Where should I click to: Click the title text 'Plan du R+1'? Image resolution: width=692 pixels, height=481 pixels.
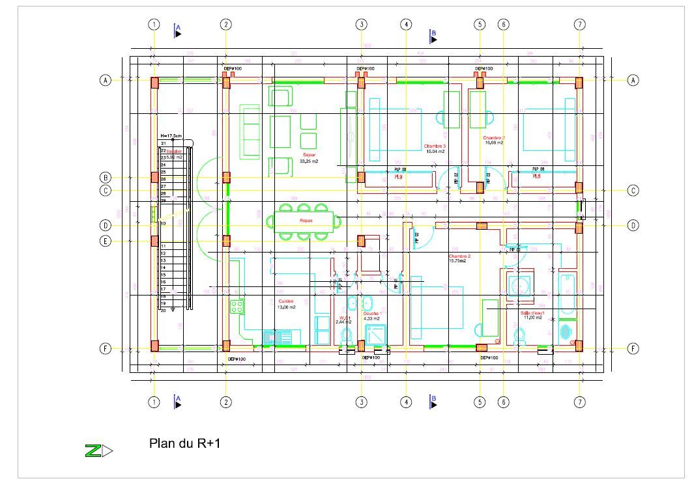pyautogui.click(x=185, y=445)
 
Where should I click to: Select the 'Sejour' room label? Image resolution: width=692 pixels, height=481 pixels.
pyautogui.click(x=309, y=155)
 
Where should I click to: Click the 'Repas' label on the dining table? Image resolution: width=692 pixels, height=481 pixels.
pyautogui.click(x=306, y=221)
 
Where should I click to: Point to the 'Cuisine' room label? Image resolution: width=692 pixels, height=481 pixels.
pyautogui.click(x=285, y=301)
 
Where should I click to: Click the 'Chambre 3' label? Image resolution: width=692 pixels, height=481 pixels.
pyautogui.click(x=435, y=146)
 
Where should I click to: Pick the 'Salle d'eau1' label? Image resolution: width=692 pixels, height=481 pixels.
pyautogui.click(x=532, y=312)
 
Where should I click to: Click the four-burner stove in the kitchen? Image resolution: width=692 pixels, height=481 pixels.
pyautogui.click(x=237, y=307)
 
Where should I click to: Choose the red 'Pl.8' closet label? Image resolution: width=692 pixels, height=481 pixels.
pyautogui.click(x=536, y=176)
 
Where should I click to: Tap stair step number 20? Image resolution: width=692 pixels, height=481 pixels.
pyautogui.click(x=163, y=310)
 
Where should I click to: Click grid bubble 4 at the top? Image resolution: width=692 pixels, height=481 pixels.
pyautogui.click(x=405, y=25)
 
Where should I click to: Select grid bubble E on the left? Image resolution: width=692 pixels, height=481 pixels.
pyautogui.click(x=104, y=241)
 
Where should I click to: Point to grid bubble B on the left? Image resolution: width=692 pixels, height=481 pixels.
pyautogui.click(x=104, y=178)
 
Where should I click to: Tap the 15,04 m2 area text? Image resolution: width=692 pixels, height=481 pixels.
pyautogui.click(x=435, y=152)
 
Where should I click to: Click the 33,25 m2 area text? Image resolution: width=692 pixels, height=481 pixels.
pyautogui.click(x=308, y=160)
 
